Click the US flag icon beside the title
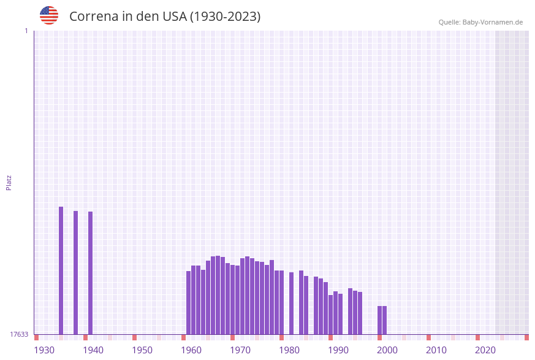49,15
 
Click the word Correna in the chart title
93,17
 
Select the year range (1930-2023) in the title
225,17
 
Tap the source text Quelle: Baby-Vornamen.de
480,22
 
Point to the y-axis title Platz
9,182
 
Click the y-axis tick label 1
26,31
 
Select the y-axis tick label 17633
19,334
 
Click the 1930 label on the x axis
44,350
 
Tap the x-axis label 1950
142,350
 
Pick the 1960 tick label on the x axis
191,350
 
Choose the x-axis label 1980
289,350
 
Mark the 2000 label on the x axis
387,350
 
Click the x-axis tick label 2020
485,350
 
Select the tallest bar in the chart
61,270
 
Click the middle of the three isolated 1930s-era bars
76,272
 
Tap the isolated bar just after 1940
91,273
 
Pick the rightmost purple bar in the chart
385,320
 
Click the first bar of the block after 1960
189,302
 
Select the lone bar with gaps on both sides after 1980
292,303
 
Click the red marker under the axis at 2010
429,337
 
